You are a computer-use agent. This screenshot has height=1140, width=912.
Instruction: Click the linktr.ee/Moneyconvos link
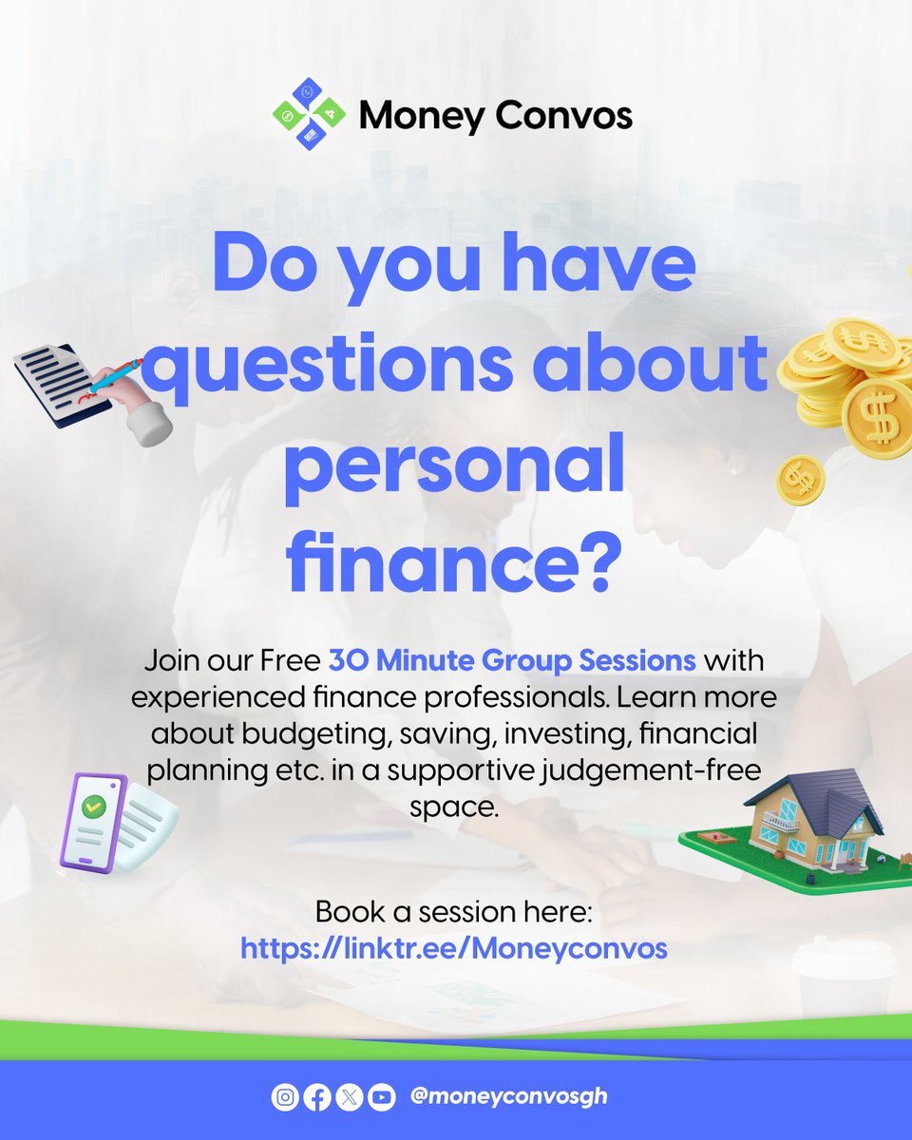point(454,948)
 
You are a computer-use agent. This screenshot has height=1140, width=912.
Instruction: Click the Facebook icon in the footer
point(317,1098)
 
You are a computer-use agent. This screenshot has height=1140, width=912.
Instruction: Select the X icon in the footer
point(350,1098)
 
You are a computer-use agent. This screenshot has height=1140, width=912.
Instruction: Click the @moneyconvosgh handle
point(508,1096)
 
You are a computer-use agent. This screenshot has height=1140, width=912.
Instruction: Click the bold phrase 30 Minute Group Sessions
point(513,659)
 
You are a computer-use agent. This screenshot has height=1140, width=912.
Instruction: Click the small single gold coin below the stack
point(801,480)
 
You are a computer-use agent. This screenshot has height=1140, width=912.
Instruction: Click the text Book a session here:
point(454,913)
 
